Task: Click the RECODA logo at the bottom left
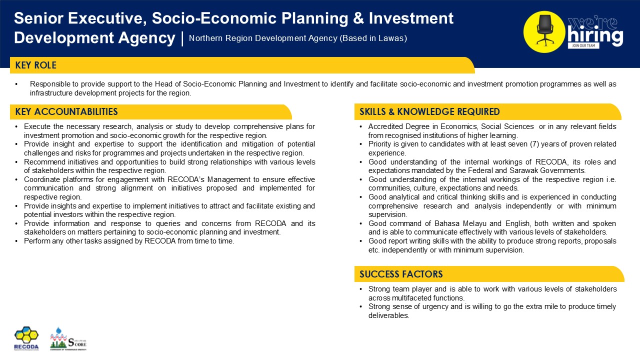26,338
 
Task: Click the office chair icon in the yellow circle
544,30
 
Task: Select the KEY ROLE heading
36,65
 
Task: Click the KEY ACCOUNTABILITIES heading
66,111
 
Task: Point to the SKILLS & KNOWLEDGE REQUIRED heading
429,111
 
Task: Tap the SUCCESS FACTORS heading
401,274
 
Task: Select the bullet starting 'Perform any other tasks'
129,241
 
